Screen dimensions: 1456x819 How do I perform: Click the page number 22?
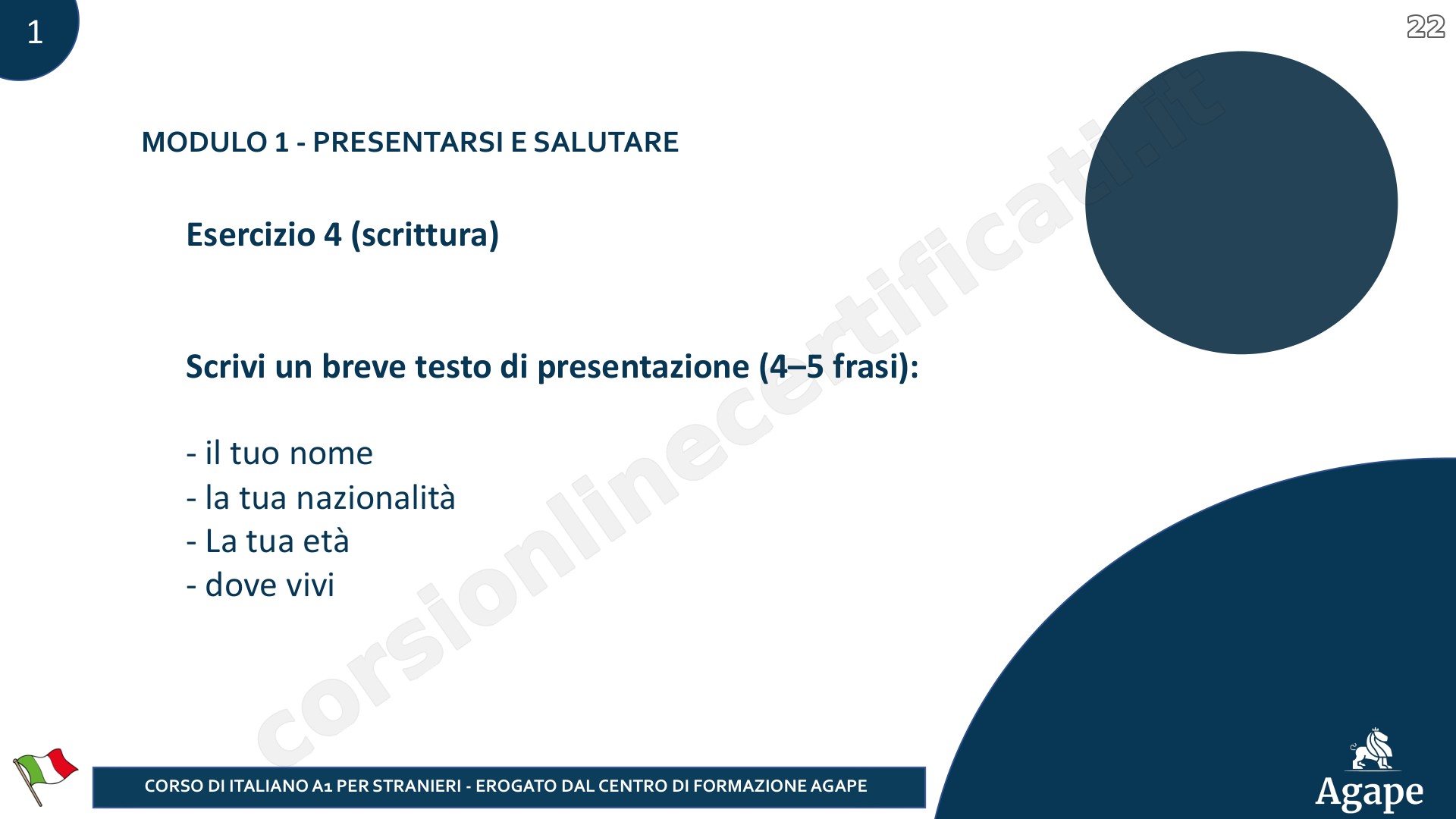[x=1426, y=27]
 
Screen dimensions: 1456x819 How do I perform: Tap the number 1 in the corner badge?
[x=35, y=32]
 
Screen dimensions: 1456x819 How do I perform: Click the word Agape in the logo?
[x=1370, y=793]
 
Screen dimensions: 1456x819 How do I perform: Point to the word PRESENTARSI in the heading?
[x=408, y=142]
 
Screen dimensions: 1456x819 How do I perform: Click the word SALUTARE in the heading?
[x=606, y=142]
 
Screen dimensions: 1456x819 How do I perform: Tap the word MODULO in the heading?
[x=205, y=142]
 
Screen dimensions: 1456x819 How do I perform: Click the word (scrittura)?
[x=425, y=235]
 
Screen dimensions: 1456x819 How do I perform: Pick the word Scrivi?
[x=225, y=366]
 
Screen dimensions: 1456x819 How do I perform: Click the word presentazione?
[x=643, y=368]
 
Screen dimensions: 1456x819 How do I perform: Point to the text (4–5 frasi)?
[x=839, y=367]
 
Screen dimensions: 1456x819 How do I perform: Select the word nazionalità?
[x=375, y=497]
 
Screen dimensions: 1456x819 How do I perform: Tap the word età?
[x=326, y=541]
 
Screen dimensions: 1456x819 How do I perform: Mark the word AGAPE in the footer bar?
[x=839, y=786]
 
